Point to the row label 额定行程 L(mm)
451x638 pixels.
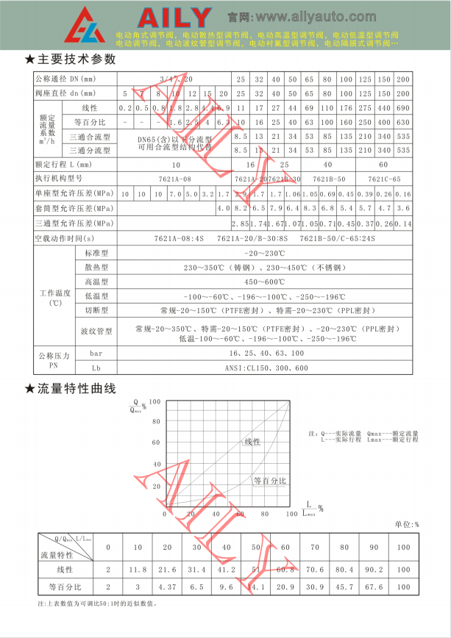(64, 165)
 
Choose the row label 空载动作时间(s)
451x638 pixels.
(65, 239)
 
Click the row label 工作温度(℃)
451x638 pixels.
(55, 297)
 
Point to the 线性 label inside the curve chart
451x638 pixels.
(252, 441)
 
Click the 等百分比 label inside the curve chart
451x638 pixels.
(269, 480)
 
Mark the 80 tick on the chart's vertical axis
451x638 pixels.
(156, 422)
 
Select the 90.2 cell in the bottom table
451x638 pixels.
(374, 569)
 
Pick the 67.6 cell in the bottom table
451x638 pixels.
(374, 587)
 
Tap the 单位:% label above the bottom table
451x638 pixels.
(406, 525)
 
